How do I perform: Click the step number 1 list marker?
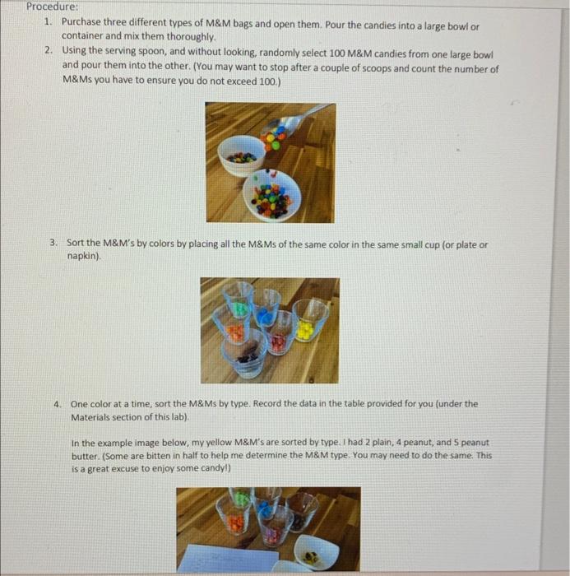pyautogui.click(x=49, y=23)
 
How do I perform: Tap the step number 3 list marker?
pyautogui.click(x=52, y=244)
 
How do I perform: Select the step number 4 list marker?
pyautogui.click(x=57, y=404)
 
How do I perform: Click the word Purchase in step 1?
pyautogui.click(x=84, y=23)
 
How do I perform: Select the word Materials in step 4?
pyautogui.click(x=94, y=417)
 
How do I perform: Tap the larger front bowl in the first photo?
pyautogui.click(x=272, y=194)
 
